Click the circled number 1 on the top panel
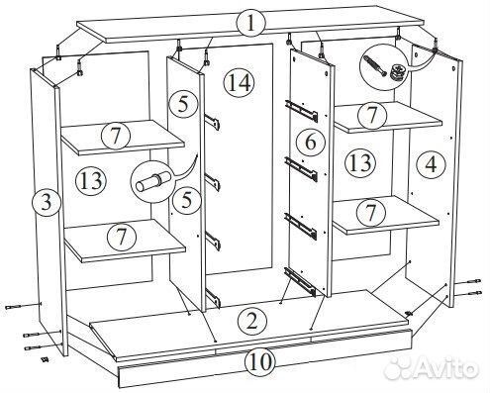point(251,24)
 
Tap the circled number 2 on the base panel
point(251,321)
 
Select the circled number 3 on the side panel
point(47,202)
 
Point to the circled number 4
point(431,164)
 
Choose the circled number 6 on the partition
point(311,142)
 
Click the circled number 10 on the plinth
point(259,361)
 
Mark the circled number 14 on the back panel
point(240,83)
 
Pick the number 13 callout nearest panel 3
point(91,180)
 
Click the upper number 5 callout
point(183,104)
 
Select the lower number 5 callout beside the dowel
point(186,199)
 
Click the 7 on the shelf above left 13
point(116,136)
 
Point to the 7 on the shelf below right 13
point(371,212)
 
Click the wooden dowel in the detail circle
point(153,181)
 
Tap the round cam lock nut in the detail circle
point(397,72)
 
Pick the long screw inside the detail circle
point(374,65)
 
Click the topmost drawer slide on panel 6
point(301,110)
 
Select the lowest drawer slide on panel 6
point(300,281)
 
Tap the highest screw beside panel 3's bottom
point(23,306)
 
